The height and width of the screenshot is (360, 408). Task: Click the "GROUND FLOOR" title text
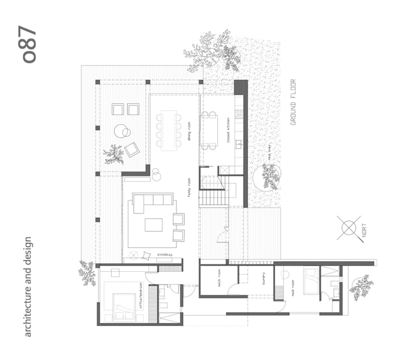click(294, 101)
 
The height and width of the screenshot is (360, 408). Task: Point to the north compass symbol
click(349, 227)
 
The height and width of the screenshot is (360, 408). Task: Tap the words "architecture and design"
click(29, 287)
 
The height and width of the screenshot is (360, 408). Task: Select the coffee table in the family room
click(154, 224)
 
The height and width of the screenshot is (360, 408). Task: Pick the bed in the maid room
click(313, 280)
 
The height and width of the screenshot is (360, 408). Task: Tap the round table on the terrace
click(122, 131)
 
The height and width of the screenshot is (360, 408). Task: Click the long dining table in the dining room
click(169, 130)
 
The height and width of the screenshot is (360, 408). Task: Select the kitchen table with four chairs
click(209, 130)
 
